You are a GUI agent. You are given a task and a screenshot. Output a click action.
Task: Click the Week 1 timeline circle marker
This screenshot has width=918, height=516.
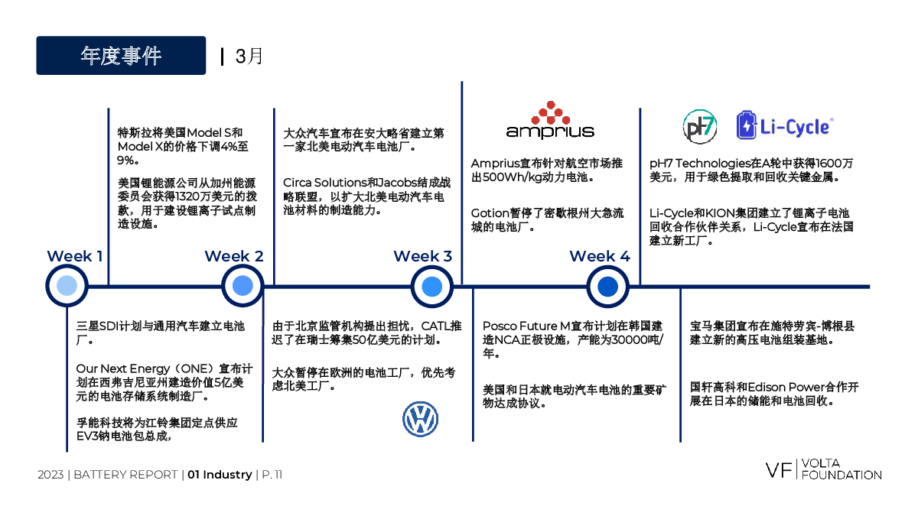coord(67,286)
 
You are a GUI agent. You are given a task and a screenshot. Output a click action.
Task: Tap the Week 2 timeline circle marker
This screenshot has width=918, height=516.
coord(243,286)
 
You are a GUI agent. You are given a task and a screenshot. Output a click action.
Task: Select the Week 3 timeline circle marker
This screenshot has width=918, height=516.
coord(432,286)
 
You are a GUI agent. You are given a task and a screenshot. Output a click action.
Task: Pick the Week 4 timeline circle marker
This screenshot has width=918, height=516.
coord(607,286)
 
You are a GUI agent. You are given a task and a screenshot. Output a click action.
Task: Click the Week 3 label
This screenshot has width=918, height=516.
coord(422,256)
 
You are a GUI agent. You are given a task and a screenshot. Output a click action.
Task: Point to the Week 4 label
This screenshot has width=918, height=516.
coord(600,256)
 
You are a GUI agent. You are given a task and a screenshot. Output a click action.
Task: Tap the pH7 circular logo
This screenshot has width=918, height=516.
coord(699,127)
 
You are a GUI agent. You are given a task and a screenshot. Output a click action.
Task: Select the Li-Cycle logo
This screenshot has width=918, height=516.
coord(785,125)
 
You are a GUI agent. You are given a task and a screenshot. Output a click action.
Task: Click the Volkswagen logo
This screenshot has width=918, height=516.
coord(421,419)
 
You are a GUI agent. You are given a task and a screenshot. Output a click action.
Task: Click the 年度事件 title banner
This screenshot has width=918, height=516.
coord(121,55)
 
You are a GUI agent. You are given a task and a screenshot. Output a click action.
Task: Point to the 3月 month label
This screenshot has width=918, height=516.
coord(249,56)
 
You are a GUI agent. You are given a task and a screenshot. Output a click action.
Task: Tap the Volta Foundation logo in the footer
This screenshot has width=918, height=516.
coord(823,469)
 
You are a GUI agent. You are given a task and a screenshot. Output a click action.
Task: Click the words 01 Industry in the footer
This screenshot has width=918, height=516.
coord(220,475)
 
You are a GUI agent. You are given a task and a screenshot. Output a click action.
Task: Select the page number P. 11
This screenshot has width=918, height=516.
coord(272,475)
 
